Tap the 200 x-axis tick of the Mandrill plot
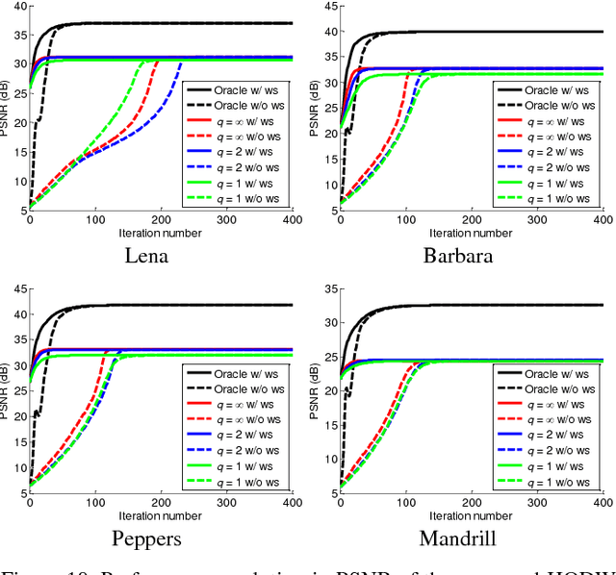471,503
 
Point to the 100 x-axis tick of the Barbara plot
406,220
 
